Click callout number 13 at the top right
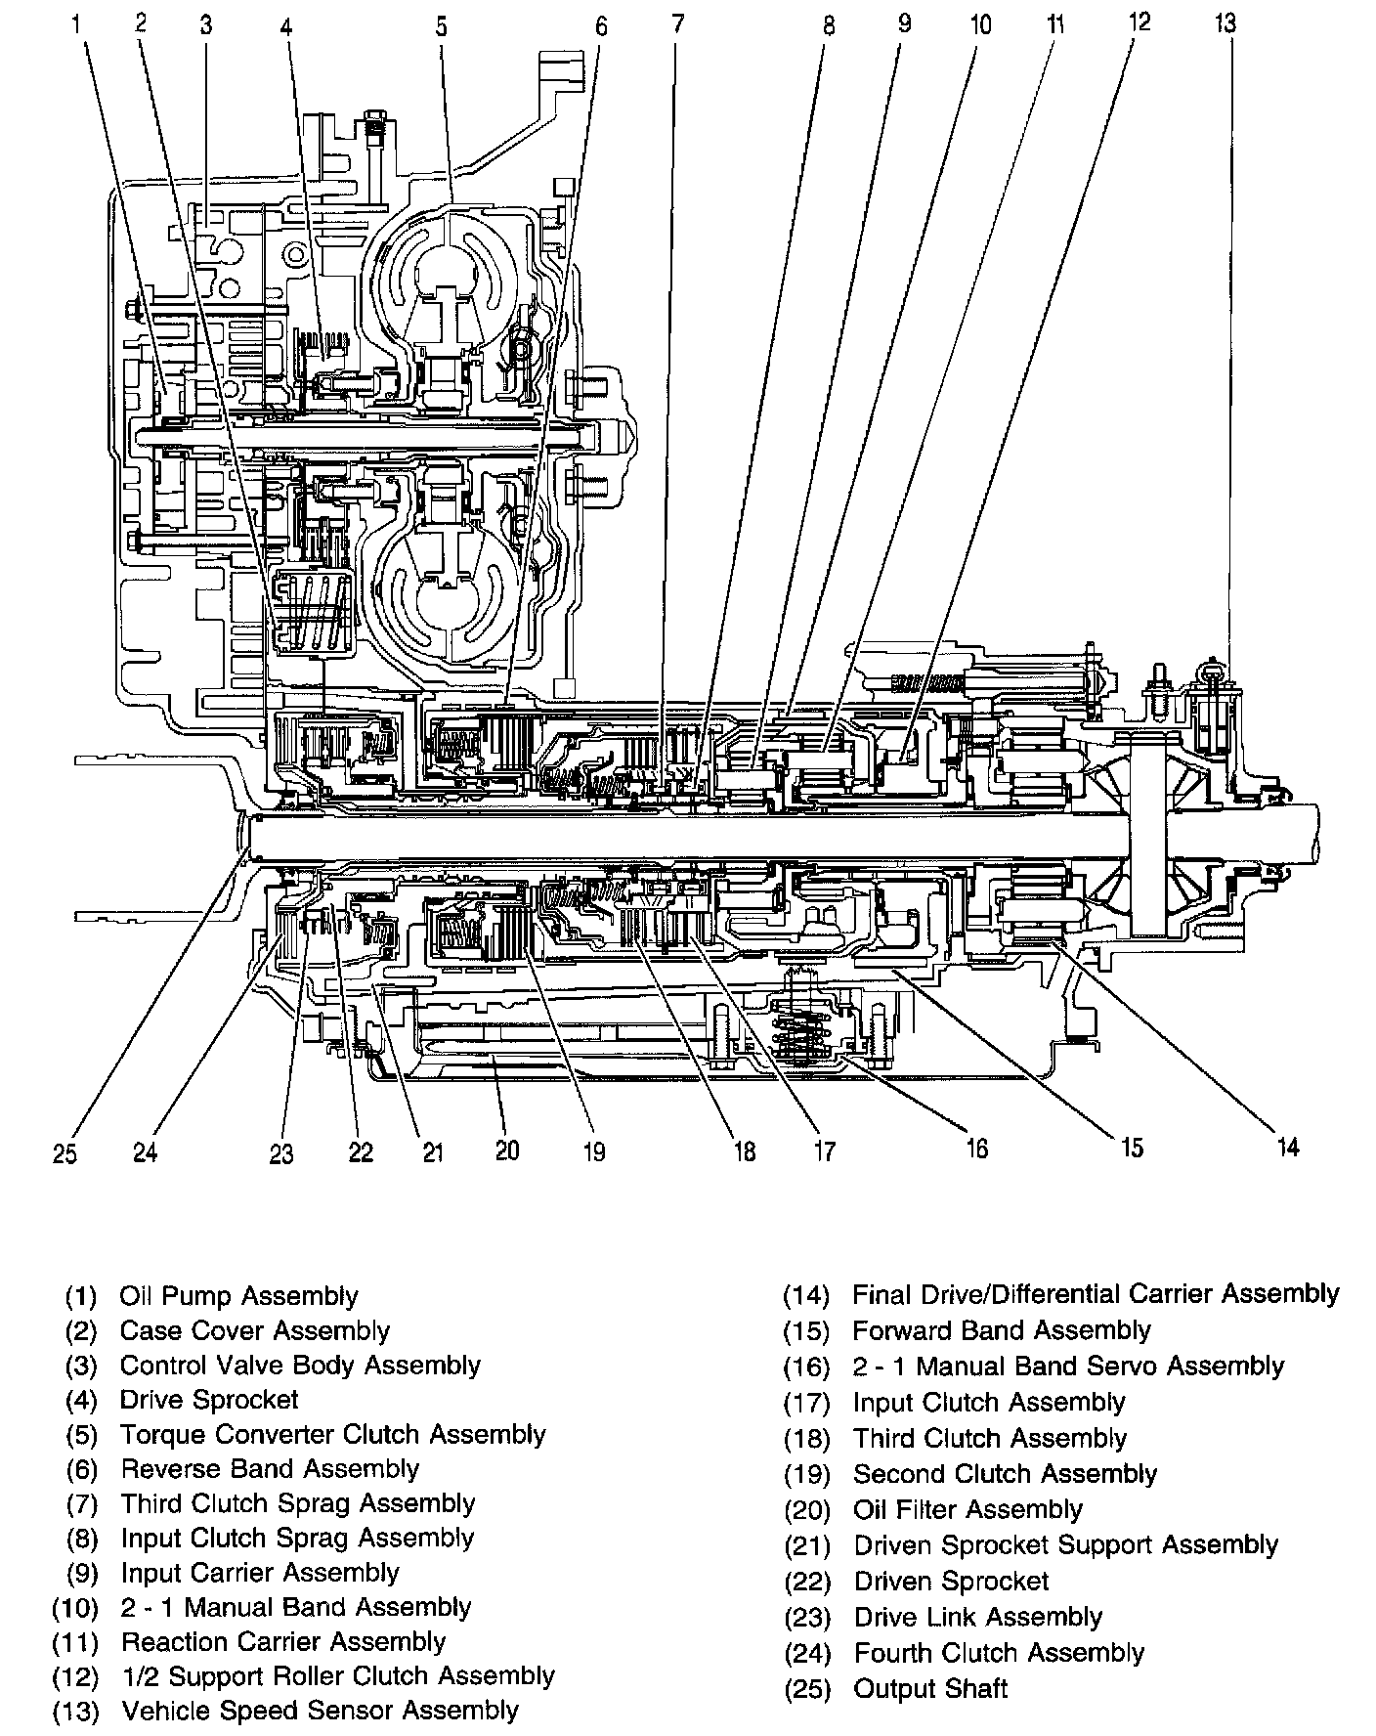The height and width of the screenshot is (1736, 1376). tap(1225, 22)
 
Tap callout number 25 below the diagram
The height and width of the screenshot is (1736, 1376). tap(64, 1153)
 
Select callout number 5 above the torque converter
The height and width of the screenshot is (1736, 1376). tap(442, 26)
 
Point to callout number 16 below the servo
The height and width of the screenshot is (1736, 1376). tap(976, 1148)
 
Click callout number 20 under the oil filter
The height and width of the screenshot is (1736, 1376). tap(507, 1150)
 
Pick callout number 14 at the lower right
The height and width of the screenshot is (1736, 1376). tap(1288, 1147)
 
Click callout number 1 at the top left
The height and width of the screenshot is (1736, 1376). tap(76, 24)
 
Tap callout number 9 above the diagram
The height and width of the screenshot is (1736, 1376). tap(904, 22)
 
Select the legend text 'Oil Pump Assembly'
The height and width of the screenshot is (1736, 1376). tap(238, 1297)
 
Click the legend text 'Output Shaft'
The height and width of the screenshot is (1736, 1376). tap(929, 1689)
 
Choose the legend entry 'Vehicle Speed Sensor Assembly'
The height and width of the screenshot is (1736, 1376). tap(320, 1711)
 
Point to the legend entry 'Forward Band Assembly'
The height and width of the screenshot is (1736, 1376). tap(1001, 1330)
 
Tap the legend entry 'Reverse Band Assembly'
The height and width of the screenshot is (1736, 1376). tap(270, 1469)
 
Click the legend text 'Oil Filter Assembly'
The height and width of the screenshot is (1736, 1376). tap(967, 1510)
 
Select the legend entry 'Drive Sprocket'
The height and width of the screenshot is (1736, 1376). tap(209, 1400)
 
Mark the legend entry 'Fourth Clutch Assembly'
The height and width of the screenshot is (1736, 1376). tap(999, 1653)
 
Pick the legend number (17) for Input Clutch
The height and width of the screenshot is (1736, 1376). tap(806, 1403)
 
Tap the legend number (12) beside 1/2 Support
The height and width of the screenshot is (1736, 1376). tap(75, 1676)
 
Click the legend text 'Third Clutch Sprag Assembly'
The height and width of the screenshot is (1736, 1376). tap(297, 1503)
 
